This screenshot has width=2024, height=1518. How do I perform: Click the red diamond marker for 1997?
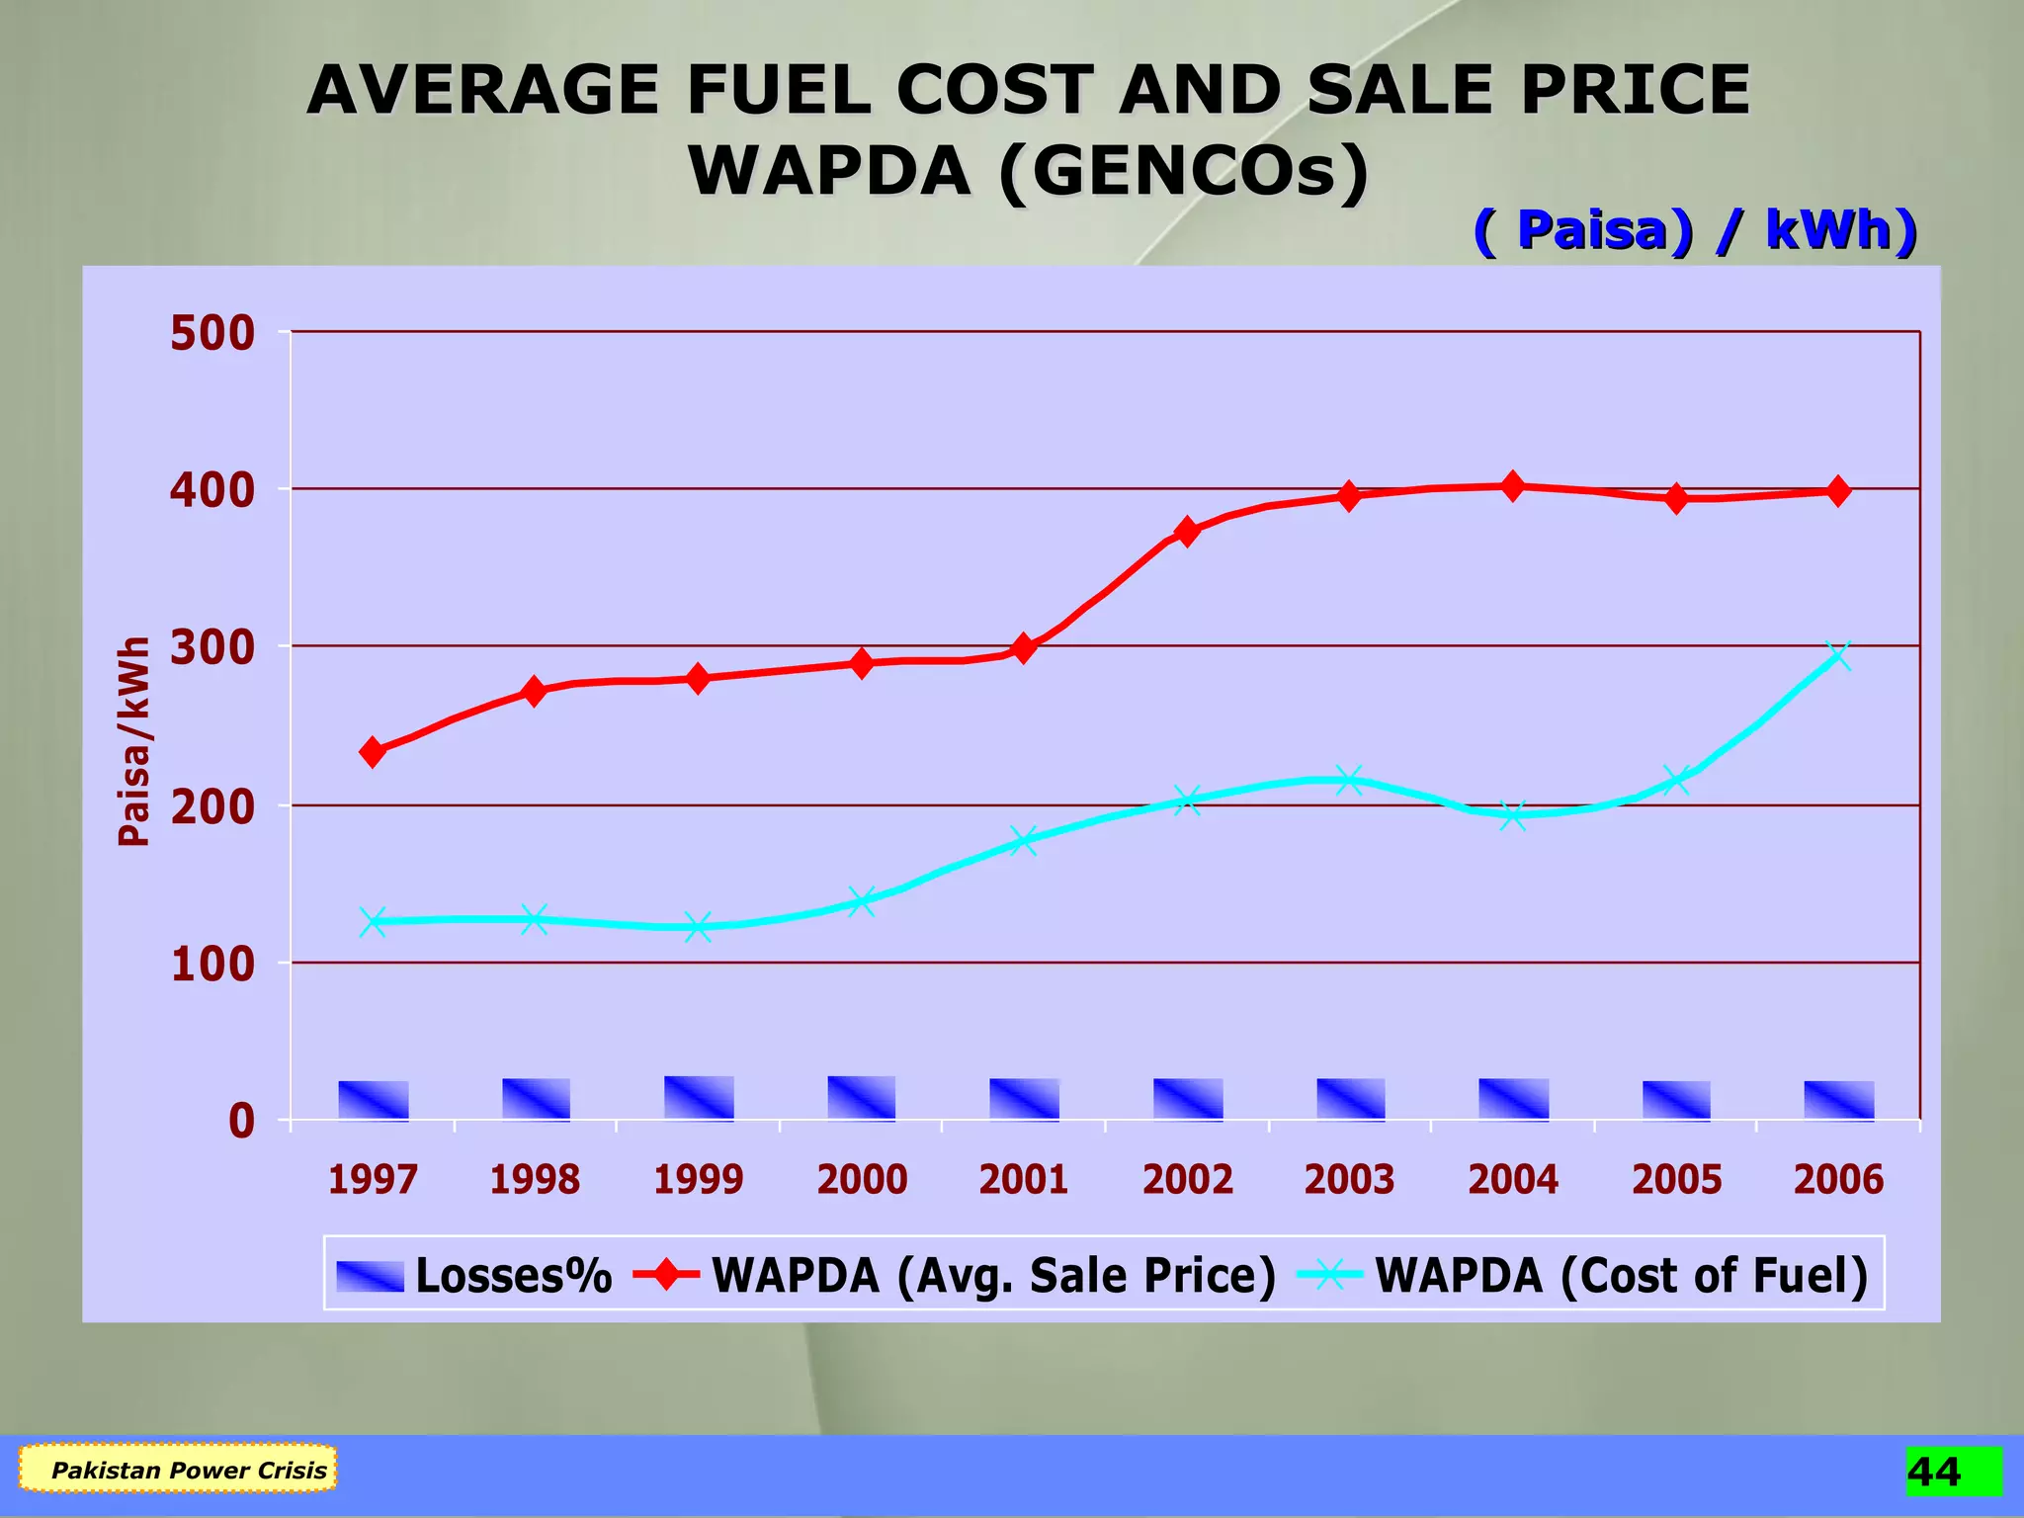coord(373,752)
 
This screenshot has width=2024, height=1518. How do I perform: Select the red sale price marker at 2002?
coord(1188,532)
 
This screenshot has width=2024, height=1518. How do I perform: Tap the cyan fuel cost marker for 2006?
coord(1838,656)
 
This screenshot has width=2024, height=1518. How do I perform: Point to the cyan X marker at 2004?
coord(1512,815)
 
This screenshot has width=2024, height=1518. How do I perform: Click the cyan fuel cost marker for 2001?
coord(1024,841)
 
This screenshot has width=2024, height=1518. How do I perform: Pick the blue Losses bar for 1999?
coord(699,1098)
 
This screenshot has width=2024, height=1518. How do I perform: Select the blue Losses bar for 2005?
coord(1676,1101)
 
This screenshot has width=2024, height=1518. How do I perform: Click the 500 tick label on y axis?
coord(212,334)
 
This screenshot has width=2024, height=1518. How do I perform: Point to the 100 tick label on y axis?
coord(212,965)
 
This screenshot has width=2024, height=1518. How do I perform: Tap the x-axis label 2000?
coord(862,1180)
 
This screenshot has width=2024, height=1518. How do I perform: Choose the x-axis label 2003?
coord(1349,1180)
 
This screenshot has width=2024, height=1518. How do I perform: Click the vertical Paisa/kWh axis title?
coord(135,741)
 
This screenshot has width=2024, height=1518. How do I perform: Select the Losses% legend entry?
coord(474,1275)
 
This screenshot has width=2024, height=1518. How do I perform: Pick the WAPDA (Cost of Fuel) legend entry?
coord(1581,1275)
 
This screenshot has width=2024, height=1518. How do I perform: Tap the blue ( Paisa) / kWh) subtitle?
coord(1695,231)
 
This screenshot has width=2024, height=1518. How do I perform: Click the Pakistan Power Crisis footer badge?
coord(179,1470)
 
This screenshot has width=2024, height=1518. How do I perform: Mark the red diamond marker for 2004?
coord(1512,486)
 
